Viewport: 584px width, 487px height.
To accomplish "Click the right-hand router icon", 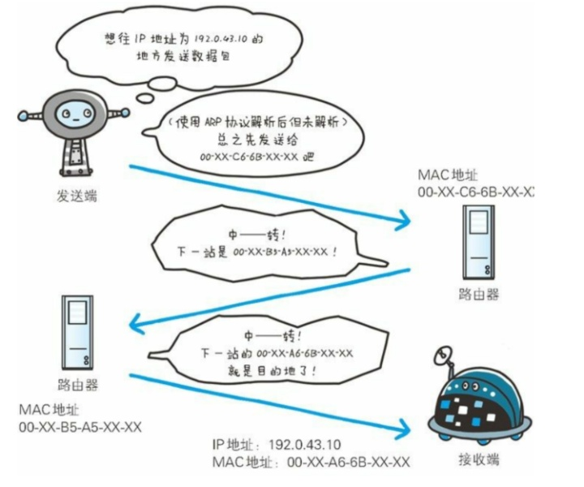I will point(477,241).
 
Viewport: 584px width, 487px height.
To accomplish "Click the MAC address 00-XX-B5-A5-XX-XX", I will point(80,427).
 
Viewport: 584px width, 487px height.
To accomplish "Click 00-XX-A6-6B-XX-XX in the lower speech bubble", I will point(303,352).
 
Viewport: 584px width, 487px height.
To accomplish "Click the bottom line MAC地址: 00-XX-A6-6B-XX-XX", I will point(309,462).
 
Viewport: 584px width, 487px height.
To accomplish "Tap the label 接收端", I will point(483,460).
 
